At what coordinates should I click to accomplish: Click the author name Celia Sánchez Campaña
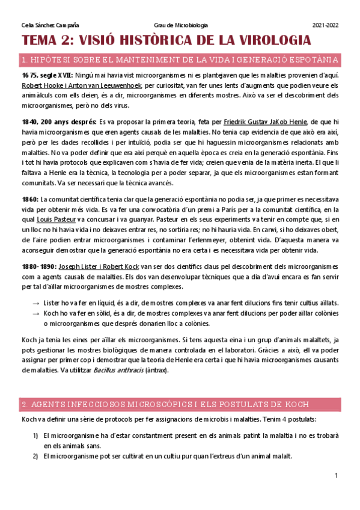[x=50, y=25]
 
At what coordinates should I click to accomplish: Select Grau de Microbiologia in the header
[x=181, y=25]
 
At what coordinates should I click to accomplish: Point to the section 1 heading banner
[x=180, y=61]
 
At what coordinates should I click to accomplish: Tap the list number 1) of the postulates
[x=35, y=435]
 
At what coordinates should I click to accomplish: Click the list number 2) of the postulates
[x=35, y=456]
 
